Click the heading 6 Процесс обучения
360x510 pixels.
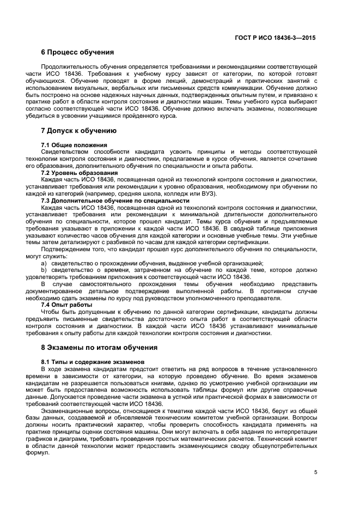point(77,53)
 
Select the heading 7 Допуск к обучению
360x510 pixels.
point(79,131)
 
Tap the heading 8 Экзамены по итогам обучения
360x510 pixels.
point(100,347)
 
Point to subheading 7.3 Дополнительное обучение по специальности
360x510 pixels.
point(115,201)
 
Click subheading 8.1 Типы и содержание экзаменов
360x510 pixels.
point(93,362)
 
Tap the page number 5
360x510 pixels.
point(316,472)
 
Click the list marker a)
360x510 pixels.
point(44,263)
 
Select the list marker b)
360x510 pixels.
point(44,270)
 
